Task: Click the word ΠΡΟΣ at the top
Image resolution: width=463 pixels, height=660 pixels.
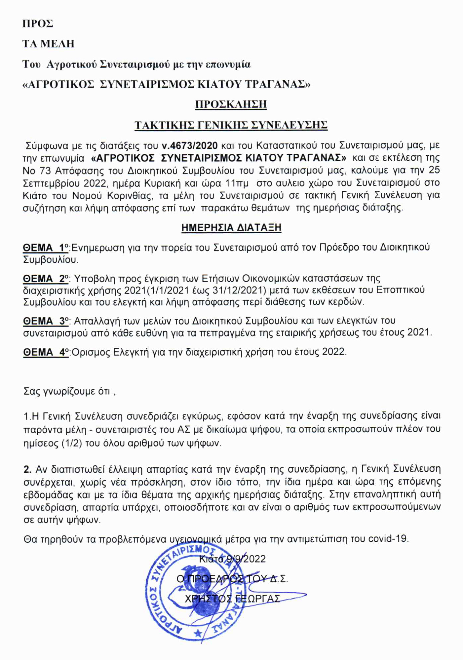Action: coord(38,24)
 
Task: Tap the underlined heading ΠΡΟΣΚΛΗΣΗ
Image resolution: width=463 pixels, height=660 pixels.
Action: coord(231,104)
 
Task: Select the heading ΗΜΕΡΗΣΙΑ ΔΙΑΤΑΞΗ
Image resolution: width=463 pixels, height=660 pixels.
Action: coord(231,228)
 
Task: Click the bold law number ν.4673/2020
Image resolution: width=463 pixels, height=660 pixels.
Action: coord(190,145)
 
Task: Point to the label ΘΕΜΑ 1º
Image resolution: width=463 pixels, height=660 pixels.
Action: coord(46,248)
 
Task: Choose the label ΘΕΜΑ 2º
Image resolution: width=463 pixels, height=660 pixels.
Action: coord(46,279)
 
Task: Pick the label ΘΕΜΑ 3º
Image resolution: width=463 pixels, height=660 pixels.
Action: coord(46,321)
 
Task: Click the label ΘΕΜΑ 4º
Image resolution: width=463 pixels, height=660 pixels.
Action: coord(46,352)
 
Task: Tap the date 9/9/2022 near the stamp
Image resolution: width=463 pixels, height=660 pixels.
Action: coord(246,559)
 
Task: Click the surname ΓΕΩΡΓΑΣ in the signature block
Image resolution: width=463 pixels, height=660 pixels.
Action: coord(258,598)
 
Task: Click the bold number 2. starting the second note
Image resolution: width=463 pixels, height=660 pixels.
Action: coord(28,469)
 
